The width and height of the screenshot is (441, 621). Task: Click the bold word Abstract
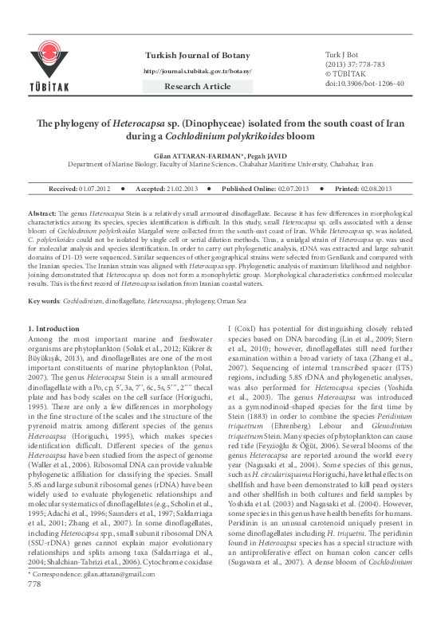tap(41, 216)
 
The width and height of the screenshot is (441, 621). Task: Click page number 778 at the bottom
tap(34, 606)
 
